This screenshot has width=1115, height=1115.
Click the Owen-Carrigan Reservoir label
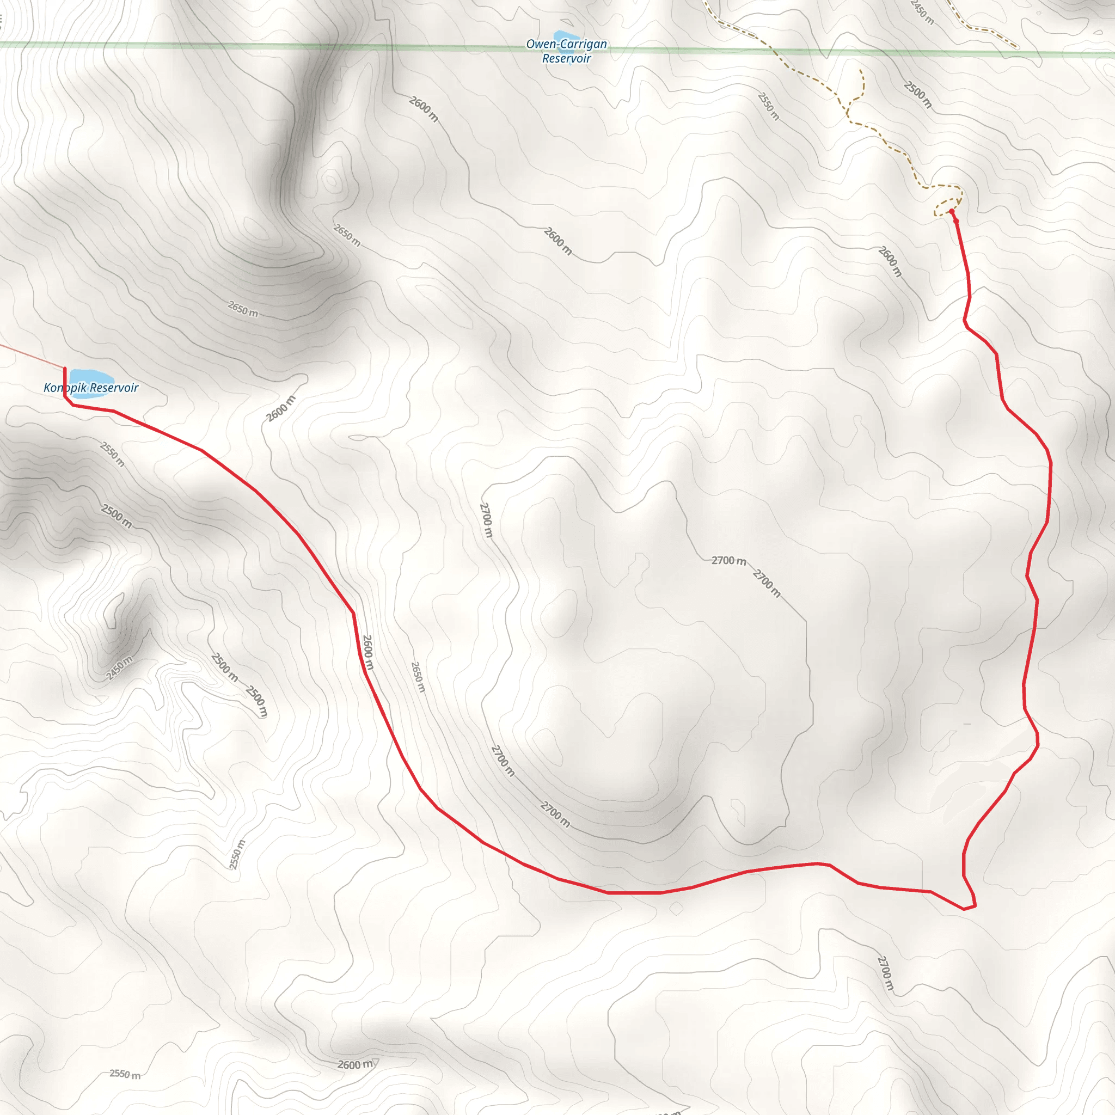[566, 51]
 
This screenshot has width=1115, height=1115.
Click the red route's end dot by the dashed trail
[951, 212]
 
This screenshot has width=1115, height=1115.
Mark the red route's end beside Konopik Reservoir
[65, 369]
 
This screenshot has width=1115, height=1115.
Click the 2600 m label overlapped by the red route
[368, 653]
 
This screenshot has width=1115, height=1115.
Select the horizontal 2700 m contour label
[728, 560]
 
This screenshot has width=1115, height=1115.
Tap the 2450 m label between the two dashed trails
[922, 11]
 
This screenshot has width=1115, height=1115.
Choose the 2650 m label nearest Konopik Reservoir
[243, 309]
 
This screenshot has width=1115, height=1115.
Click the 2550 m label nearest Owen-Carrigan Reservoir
[768, 106]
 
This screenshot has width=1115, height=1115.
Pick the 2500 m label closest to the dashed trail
[917, 95]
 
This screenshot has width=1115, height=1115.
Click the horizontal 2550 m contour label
[125, 1074]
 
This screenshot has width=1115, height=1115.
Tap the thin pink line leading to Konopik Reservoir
[32, 356]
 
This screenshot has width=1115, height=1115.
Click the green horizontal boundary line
[289, 46]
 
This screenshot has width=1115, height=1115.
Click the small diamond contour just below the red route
[676, 909]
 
